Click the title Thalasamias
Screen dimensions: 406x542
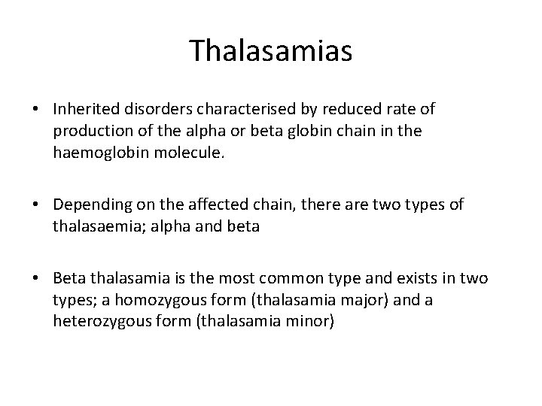coord(270,51)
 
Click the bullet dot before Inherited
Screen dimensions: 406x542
coord(36,110)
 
